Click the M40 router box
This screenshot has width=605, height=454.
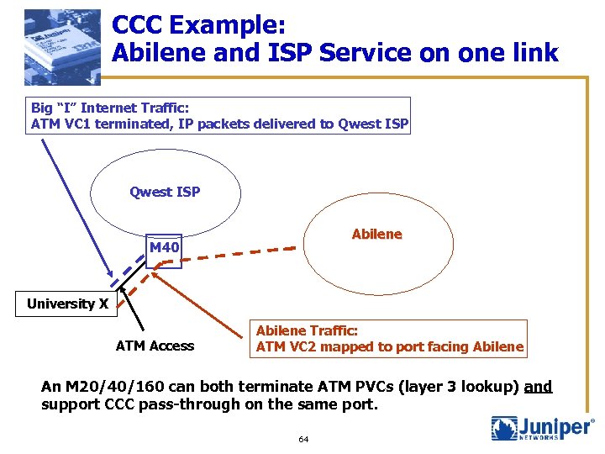[x=164, y=249]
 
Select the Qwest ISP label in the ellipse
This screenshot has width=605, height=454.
[x=165, y=192]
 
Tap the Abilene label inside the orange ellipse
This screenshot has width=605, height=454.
[x=376, y=234]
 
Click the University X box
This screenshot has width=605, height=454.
[x=67, y=304]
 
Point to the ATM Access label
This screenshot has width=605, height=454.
[x=155, y=346]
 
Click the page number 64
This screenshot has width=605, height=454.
[x=303, y=440]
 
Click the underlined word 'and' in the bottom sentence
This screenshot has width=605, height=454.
[x=538, y=387]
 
